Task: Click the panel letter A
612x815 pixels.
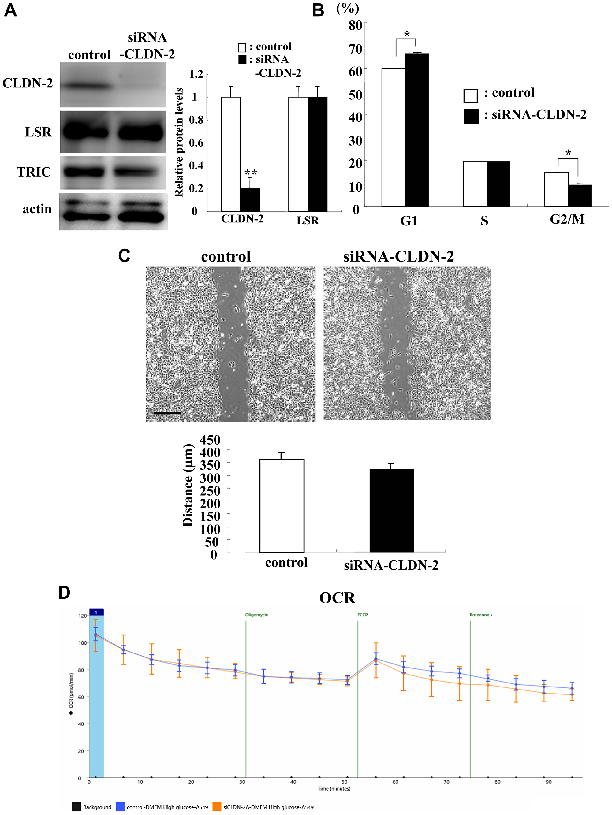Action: pyautogui.click(x=10, y=10)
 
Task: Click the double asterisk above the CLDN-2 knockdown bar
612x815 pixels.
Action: pyautogui.click(x=251, y=172)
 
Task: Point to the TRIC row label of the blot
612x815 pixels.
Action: pyautogui.click(x=34, y=172)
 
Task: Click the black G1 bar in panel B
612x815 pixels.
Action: pyautogui.click(x=417, y=130)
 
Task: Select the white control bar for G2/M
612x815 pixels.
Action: pyautogui.click(x=556, y=189)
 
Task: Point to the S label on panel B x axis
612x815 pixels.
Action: pyautogui.click(x=484, y=221)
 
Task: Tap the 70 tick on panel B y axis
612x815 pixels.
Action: pyautogui.click(x=355, y=49)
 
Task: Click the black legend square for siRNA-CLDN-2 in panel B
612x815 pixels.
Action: pyautogui.click(x=471, y=116)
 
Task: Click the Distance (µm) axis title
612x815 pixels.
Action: pyautogui.click(x=188, y=485)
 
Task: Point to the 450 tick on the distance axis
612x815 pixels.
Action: pyautogui.click(x=210, y=440)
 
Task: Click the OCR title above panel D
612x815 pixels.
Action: pyautogui.click(x=337, y=597)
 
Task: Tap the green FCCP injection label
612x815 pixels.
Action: pyautogui.click(x=362, y=615)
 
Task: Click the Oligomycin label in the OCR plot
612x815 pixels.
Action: pyautogui.click(x=256, y=615)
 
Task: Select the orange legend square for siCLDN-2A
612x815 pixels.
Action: pyautogui.click(x=217, y=807)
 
